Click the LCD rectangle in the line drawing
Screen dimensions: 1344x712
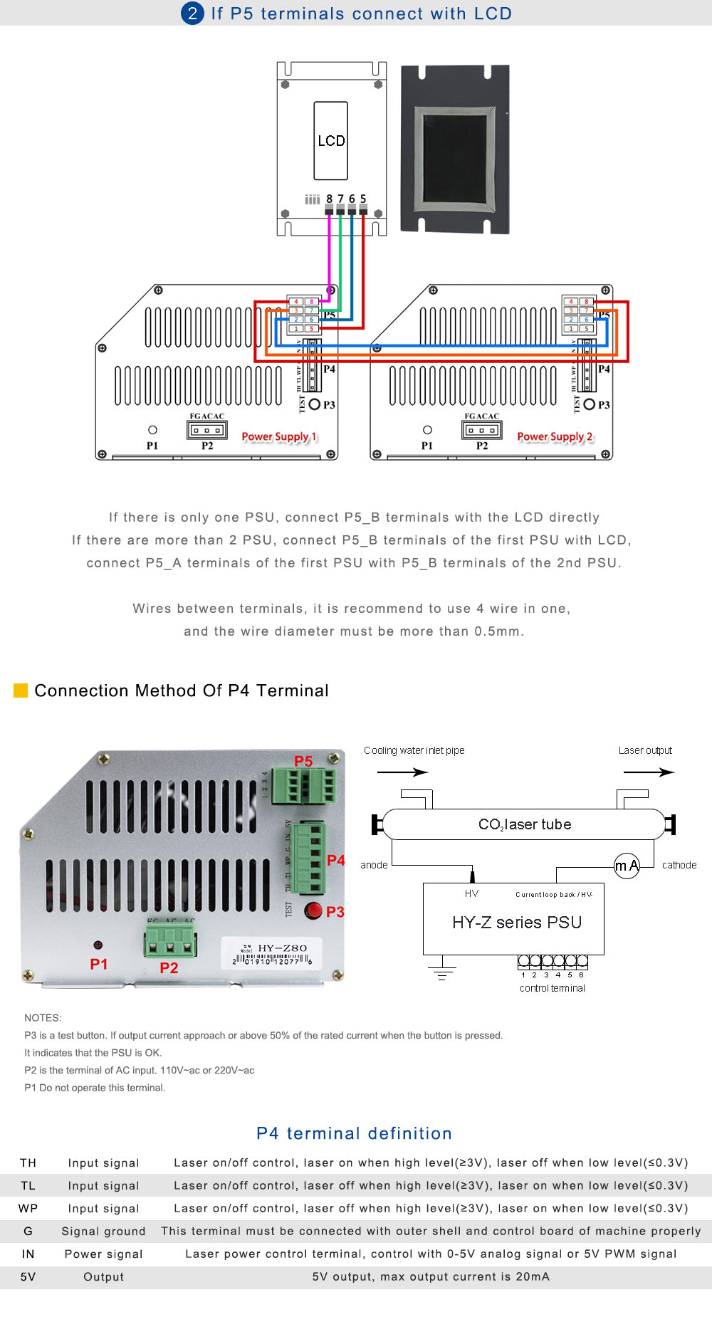click(x=331, y=140)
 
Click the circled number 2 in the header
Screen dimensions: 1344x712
click(x=192, y=13)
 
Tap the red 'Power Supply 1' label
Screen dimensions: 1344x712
click(x=279, y=436)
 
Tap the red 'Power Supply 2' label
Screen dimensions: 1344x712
click(x=555, y=436)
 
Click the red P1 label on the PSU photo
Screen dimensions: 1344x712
click(x=99, y=964)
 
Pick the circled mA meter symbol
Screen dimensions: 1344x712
click(x=627, y=866)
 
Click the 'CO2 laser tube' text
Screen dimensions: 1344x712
click(x=525, y=824)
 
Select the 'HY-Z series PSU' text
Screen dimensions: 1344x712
click(x=517, y=923)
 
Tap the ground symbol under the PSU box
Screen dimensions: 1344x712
click(x=442, y=973)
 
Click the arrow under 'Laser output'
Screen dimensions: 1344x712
click(x=649, y=772)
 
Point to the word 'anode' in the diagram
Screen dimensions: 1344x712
click(x=374, y=865)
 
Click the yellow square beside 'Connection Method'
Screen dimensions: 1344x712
click(x=21, y=691)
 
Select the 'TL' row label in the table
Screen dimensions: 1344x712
click(x=28, y=1185)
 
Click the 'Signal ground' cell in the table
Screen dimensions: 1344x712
click(x=103, y=1231)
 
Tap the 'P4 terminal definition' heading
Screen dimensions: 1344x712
click(x=355, y=1133)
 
